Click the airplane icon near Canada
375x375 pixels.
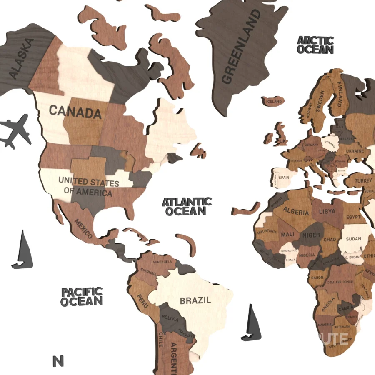coord(16,131)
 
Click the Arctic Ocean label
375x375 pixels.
coord(315,45)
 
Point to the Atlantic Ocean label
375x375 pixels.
coord(187,207)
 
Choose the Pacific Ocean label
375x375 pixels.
coord(82,296)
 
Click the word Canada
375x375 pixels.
coord(75,111)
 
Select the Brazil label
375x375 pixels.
coord(195,300)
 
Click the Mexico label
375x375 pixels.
coord(83,228)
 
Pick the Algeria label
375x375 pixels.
coord(296,211)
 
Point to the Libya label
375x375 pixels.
coord(327,212)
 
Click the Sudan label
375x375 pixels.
coord(354,239)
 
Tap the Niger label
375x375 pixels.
coord(311,235)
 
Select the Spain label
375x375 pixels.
coord(284,177)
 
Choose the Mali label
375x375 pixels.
coord(287,234)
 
